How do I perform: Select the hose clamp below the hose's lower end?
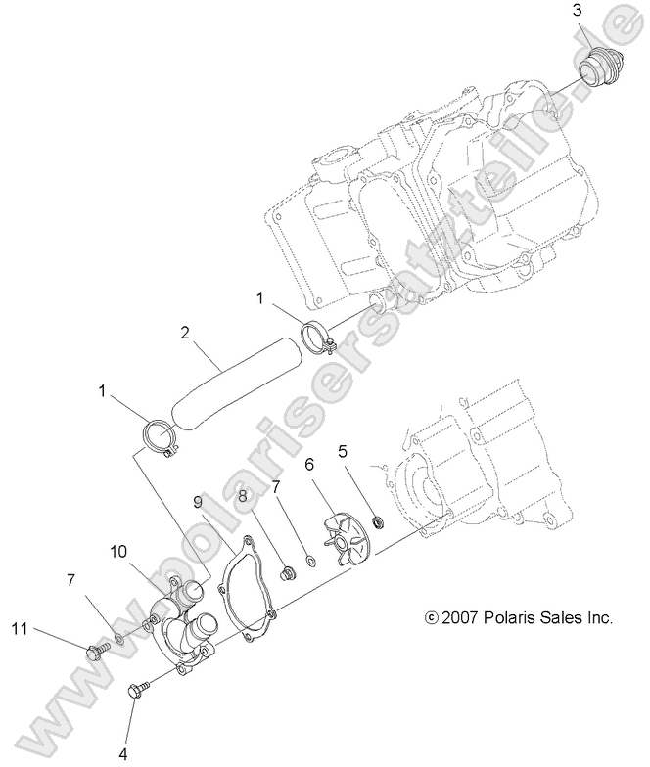(x=161, y=435)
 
